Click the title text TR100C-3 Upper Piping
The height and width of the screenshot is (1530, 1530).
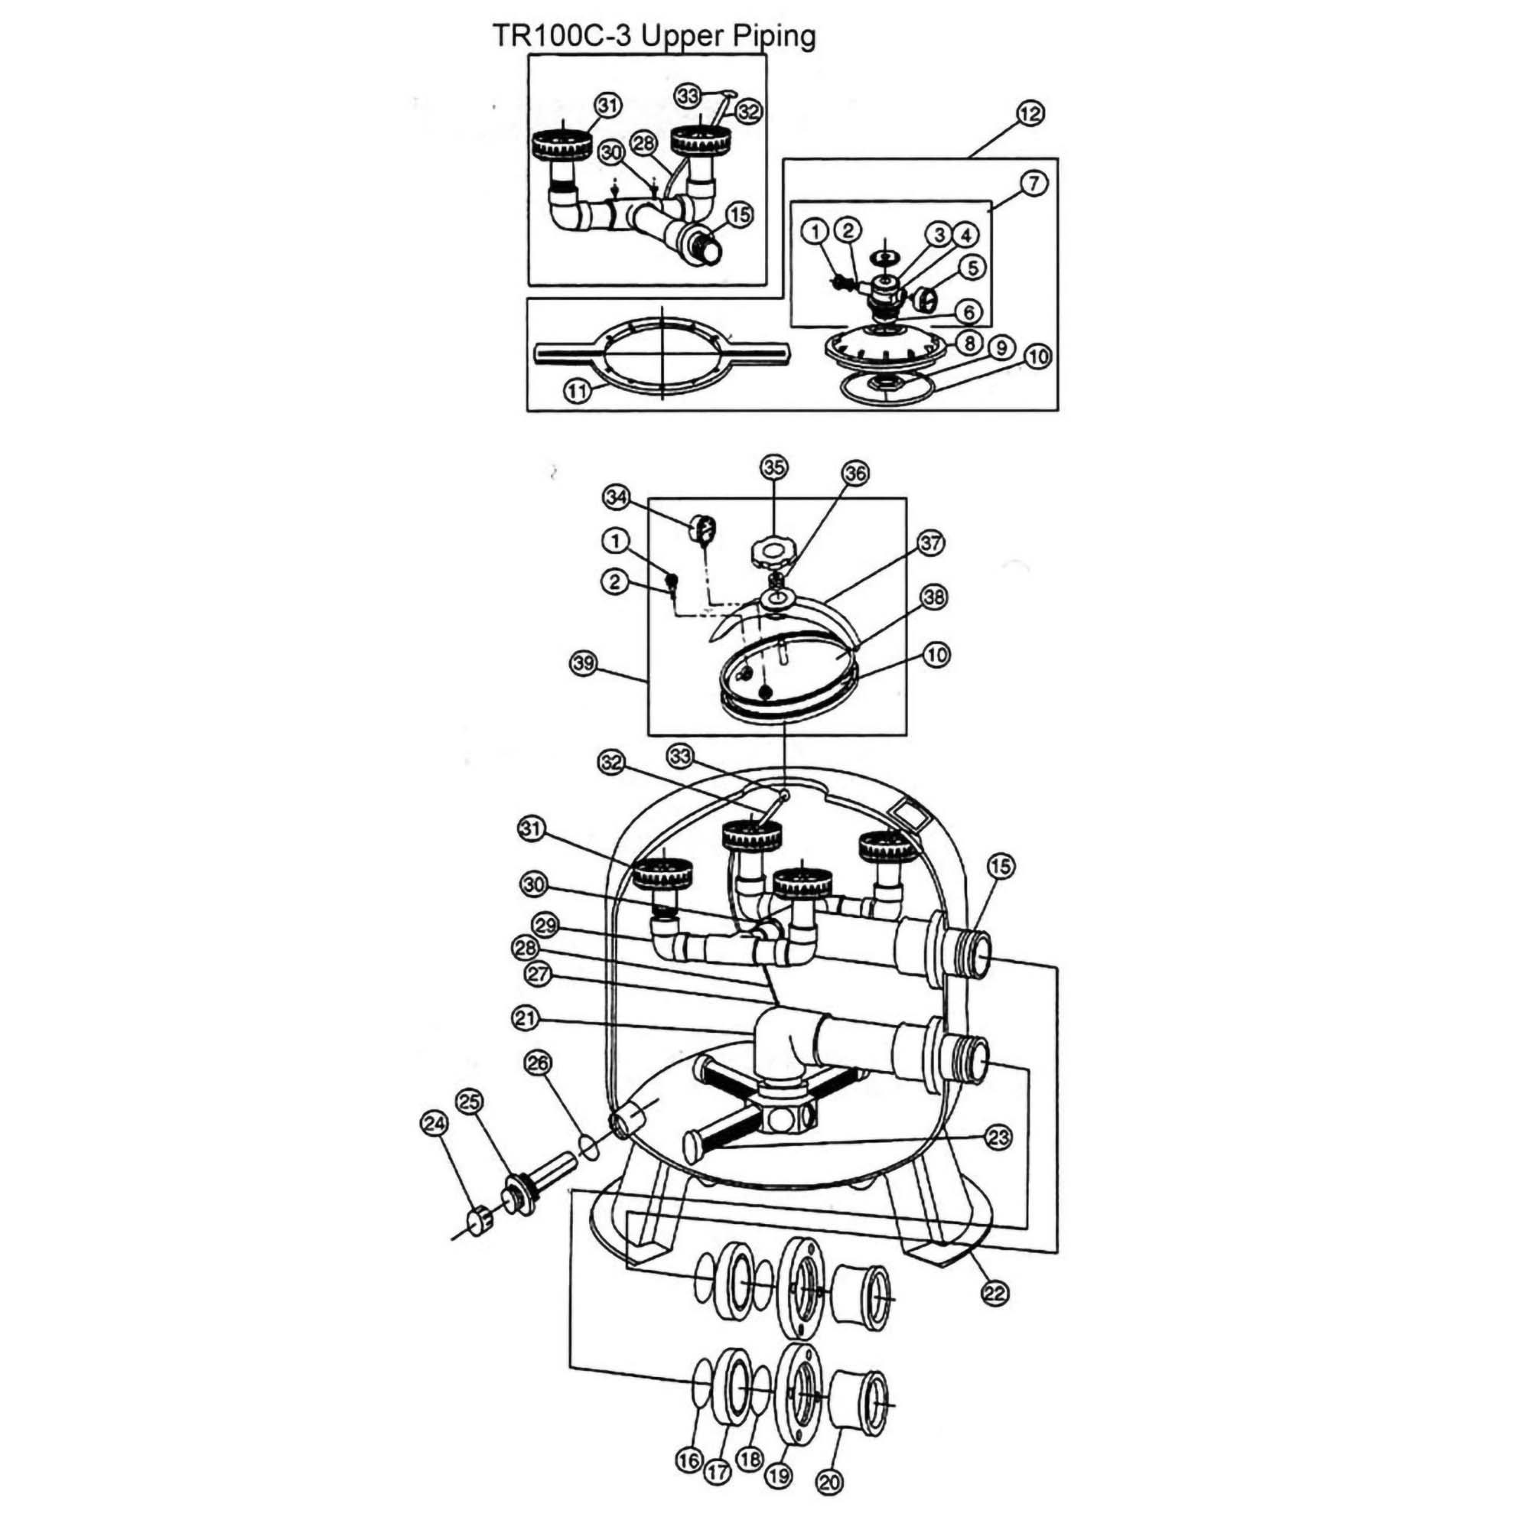[653, 36]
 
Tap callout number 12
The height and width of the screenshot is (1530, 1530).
[1030, 114]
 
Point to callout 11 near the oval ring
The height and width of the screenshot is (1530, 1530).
[578, 389]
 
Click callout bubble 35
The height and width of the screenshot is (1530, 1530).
[773, 467]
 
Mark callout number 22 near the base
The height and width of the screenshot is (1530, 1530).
[994, 1293]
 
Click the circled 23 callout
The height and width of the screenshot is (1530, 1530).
[998, 1138]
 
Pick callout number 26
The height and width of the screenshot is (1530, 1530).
[538, 1063]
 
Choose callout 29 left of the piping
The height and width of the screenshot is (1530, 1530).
[546, 925]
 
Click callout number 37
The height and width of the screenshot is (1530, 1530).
[931, 543]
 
